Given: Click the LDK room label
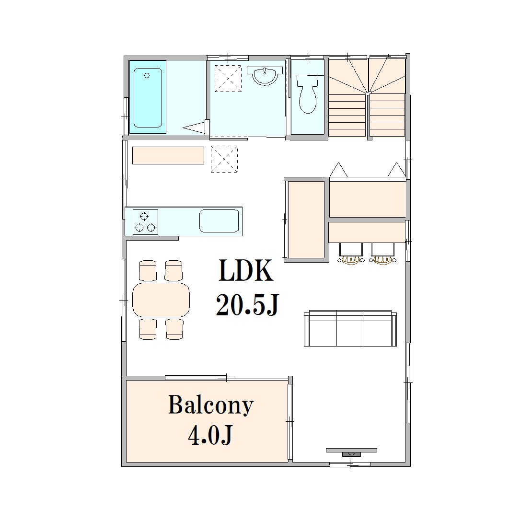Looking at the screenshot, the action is click(246, 270).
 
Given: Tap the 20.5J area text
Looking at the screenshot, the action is click(247, 304).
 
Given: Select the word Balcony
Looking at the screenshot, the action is click(211, 405).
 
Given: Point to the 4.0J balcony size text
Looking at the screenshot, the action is click(210, 435).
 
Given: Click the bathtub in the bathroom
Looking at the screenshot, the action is click(148, 97).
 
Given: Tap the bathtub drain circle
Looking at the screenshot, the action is click(147, 75).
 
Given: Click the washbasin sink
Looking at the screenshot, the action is click(265, 75).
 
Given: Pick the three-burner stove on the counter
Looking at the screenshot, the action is click(145, 222).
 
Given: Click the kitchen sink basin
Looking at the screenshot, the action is click(219, 221).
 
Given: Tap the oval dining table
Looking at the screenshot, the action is click(161, 300).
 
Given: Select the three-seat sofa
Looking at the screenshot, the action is click(350, 328).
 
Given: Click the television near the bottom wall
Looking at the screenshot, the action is click(351, 452).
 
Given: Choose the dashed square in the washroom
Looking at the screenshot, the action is click(228, 79).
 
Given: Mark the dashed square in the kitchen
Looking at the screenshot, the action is click(224, 159).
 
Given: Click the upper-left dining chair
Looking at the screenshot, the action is click(148, 271).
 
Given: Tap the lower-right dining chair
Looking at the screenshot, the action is click(174, 329).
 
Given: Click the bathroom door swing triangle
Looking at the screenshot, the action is click(195, 127).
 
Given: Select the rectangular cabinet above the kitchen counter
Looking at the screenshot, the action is click(168, 155).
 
